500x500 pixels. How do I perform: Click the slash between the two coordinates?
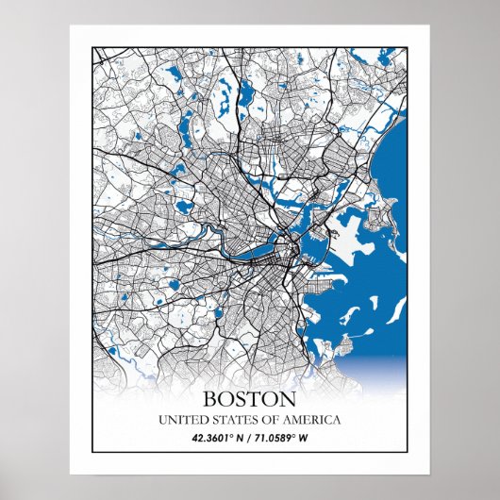point(249,438)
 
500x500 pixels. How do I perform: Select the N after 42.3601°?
point(238,438)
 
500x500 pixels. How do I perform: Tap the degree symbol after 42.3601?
point(228,435)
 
